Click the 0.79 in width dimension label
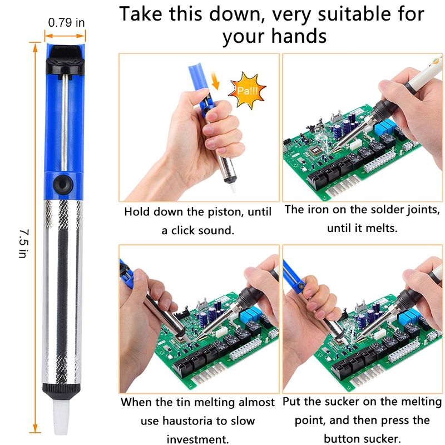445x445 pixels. [x=66, y=22]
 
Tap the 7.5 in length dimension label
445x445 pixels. [x=24, y=244]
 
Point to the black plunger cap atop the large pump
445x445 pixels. [x=65, y=60]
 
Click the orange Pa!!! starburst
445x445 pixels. [x=247, y=91]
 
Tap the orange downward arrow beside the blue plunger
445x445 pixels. [x=215, y=81]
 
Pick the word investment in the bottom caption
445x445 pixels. [x=197, y=439]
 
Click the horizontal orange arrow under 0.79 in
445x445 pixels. [x=65, y=36]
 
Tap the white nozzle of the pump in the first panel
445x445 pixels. [x=233, y=187]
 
